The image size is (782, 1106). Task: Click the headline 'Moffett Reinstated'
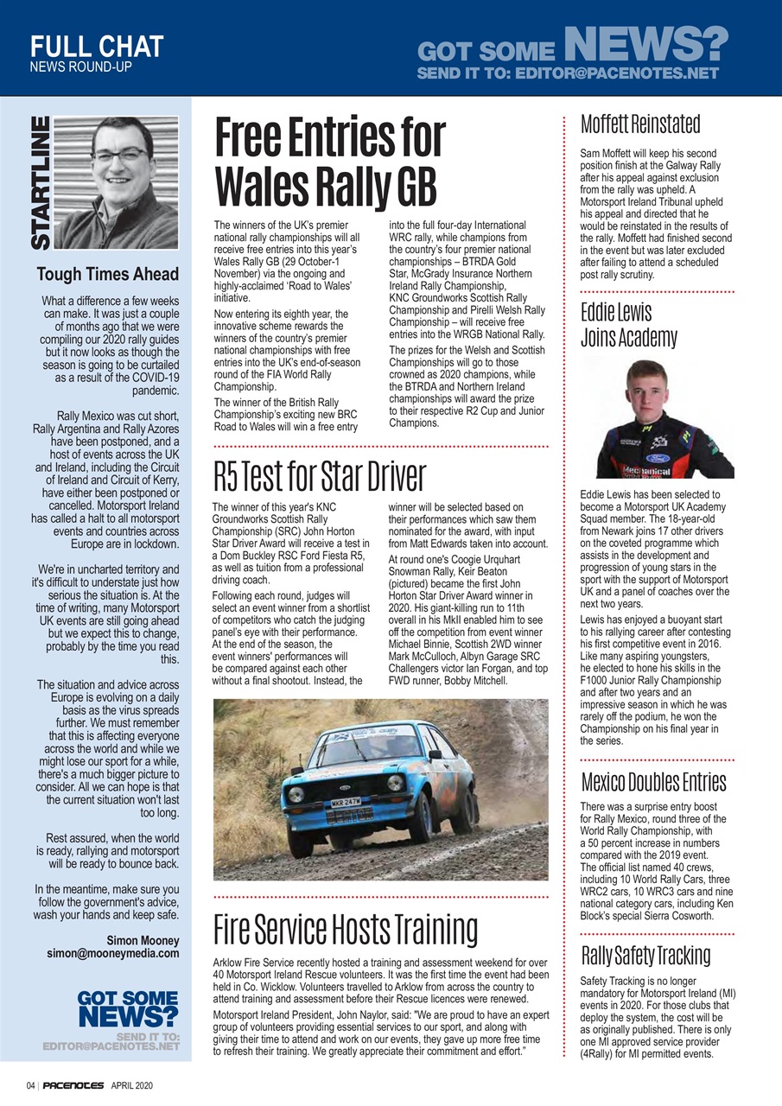(x=640, y=124)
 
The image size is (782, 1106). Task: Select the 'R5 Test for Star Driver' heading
(x=320, y=476)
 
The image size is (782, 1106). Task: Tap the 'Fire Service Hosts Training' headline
(x=346, y=930)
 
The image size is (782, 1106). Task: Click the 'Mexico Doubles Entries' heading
(x=653, y=782)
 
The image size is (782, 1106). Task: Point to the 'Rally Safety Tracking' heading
(x=645, y=956)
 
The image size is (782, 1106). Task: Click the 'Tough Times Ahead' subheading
(x=108, y=275)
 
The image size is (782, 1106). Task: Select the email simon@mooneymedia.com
(x=113, y=954)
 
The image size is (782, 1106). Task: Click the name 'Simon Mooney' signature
(x=143, y=940)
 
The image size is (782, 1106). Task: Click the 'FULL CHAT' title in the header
(x=96, y=46)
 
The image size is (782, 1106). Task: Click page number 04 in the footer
(x=30, y=1085)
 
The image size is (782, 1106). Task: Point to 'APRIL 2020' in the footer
(x=132, y=1085)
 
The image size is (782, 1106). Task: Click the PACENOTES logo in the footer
(x=73, y=1085)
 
